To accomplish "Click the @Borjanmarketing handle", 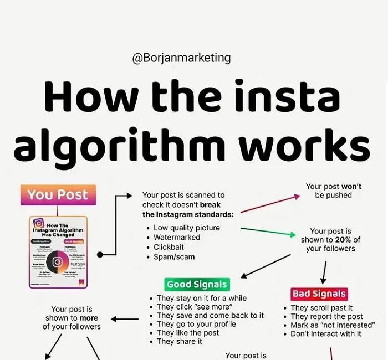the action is click(x=181, y=58).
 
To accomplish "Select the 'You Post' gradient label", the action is click(x=58, y=194).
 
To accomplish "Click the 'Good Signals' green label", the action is click(x=196, y=285).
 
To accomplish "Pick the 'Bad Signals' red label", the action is click(x=319, y=294).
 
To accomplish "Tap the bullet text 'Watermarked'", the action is click(x=177, y=237).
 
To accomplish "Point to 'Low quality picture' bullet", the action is click(x=187, y=228).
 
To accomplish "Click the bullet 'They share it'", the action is click(x=180, y=341).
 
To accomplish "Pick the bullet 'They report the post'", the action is click(x=326, y=316).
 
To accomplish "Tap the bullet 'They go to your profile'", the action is click(x=196, y=324).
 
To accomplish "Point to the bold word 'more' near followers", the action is click(x=89, y=318).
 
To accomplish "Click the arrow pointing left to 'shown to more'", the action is click(x=125, y=318).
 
